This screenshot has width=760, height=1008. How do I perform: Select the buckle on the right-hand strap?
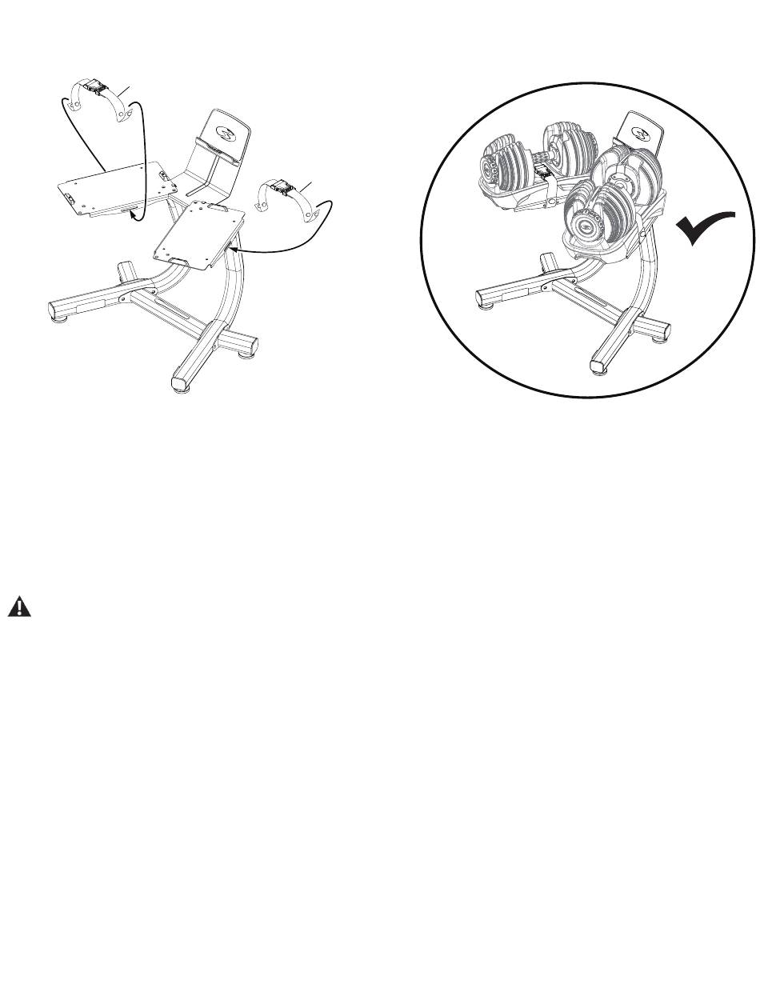(281, 188)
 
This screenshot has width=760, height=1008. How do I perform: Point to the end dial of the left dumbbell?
(490, 166)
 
